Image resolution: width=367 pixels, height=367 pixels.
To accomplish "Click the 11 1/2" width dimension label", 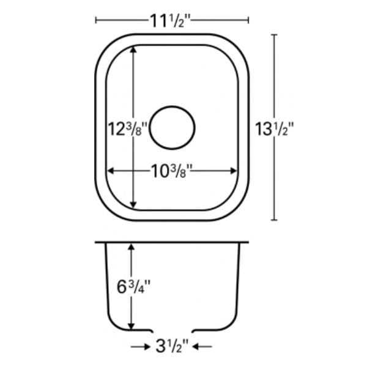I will (x=171, y=20).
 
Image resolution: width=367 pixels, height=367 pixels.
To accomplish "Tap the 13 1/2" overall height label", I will (x=275, y=128).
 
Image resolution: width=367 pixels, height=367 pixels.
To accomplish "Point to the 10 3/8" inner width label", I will (x=172, y=171).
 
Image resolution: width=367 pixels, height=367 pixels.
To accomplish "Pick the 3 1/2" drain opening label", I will (x=172, y=347).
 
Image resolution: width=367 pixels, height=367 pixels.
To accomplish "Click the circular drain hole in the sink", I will (x=172, y=127).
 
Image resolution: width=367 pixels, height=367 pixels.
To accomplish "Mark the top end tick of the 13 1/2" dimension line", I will (x=273, y=35).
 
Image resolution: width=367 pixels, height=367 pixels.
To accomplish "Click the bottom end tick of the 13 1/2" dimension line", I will (x=273, y=220).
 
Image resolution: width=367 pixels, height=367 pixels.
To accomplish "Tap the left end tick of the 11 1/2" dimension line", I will (x=97, y=20).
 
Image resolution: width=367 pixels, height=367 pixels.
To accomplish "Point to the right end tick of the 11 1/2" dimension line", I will (x=248, y=20).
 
